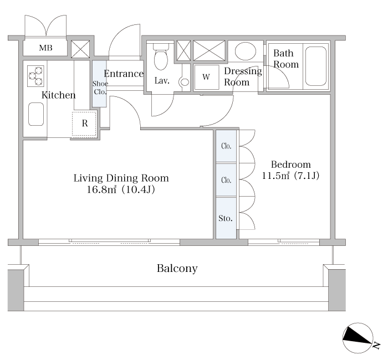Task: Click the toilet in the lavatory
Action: (161, 56)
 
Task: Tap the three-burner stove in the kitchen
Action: (35, 76)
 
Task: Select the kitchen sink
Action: (36, 114)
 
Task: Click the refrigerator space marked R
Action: (84, 124)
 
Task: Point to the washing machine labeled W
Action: (206, 77)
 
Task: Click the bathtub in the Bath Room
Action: (316, 66)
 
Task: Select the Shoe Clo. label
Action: (100, 88)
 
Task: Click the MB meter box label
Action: (45, 48)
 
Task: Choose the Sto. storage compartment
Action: (226, 218)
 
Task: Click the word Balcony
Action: (177, 268)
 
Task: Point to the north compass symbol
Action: (358, 338)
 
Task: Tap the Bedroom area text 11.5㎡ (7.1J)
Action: (290, 176)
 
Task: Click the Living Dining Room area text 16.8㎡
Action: (101, 189)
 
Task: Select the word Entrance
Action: (124, 74)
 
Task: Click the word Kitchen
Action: (58, 95)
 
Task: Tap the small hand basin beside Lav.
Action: (185, 82)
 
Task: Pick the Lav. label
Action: (162, 81)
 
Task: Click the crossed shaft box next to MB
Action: (80, 49)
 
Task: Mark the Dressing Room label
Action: (243, 76)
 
